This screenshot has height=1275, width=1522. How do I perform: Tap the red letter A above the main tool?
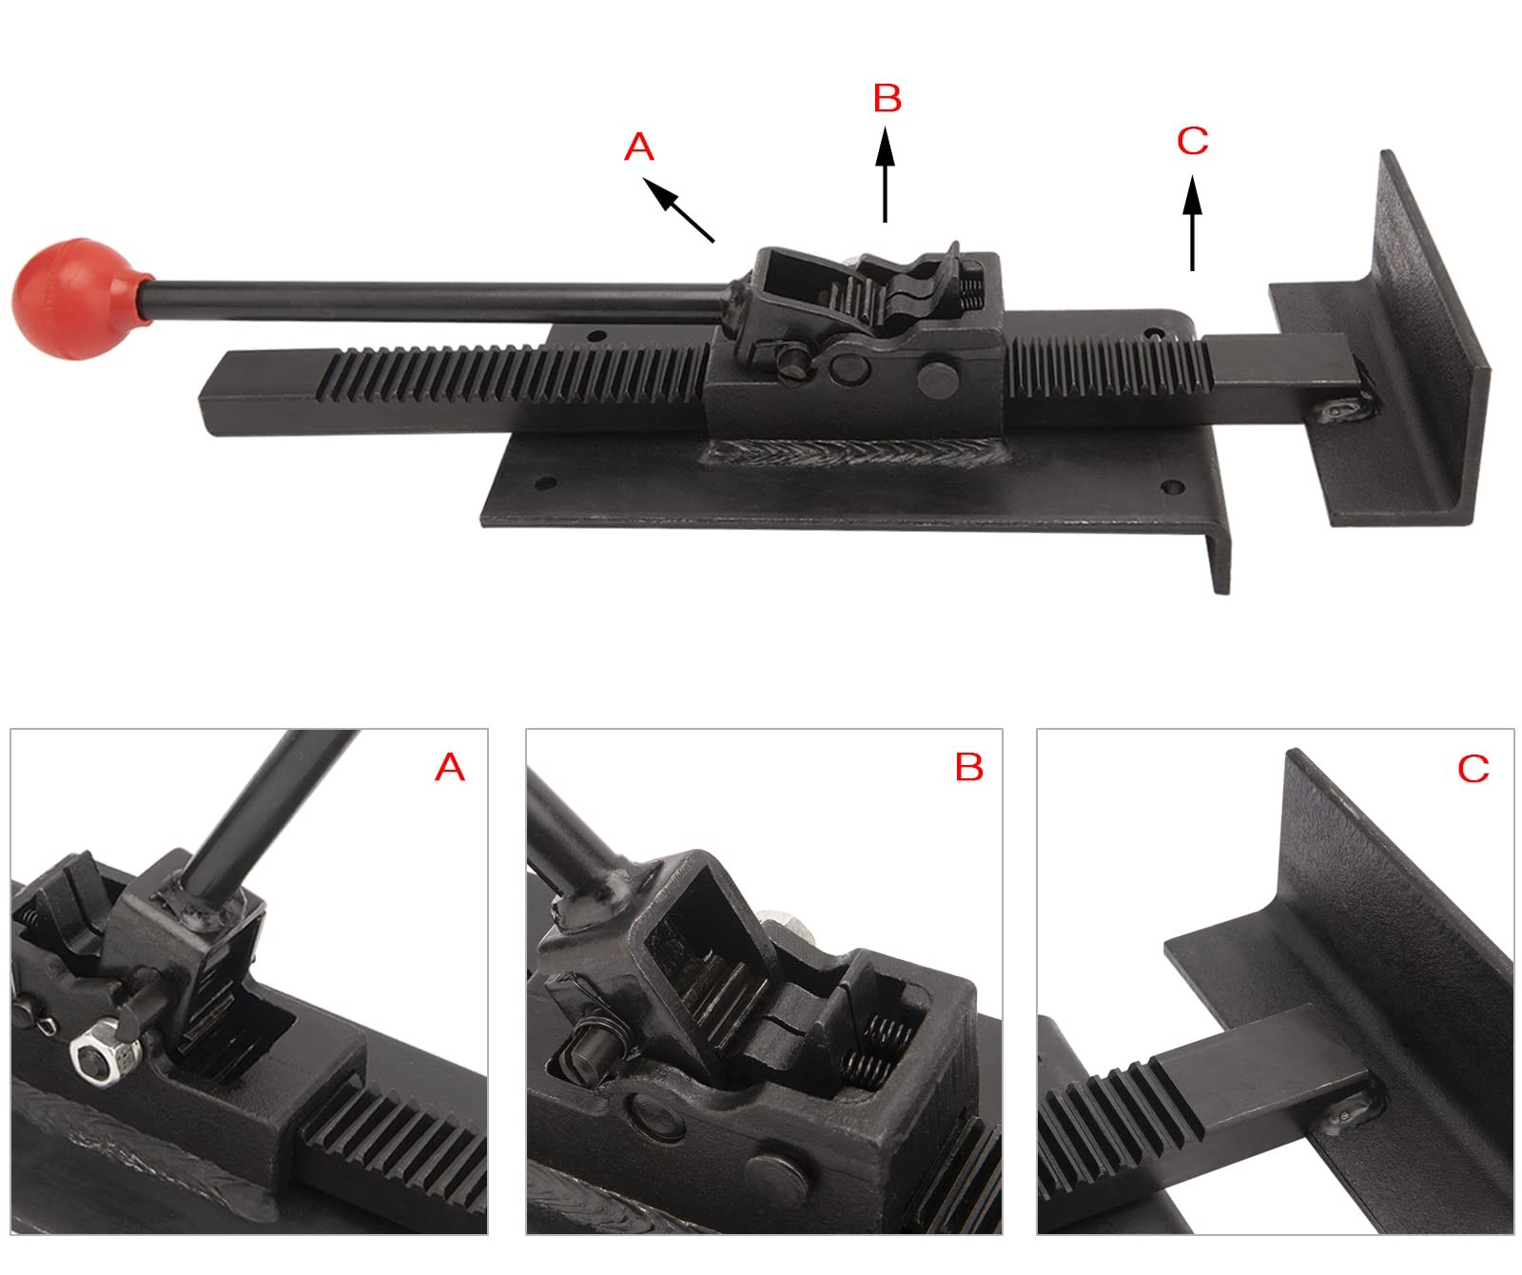click(x=639, y=147)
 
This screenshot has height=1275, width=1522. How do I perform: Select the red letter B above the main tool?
click(x=887, y=98)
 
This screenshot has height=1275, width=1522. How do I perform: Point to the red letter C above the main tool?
click(x=1192, y=141)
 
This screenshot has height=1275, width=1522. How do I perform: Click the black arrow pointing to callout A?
click(x=679, y=211)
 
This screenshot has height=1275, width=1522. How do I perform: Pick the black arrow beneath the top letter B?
click(x=886, y=176)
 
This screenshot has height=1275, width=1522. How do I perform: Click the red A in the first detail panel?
click(x=450, y=767)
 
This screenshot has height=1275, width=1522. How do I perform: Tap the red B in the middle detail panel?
click(x=969, y=767)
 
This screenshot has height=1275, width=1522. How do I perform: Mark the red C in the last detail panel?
click(x=1473, y=768)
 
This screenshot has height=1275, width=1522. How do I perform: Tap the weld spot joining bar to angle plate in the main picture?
click(x=1343, y=410)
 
